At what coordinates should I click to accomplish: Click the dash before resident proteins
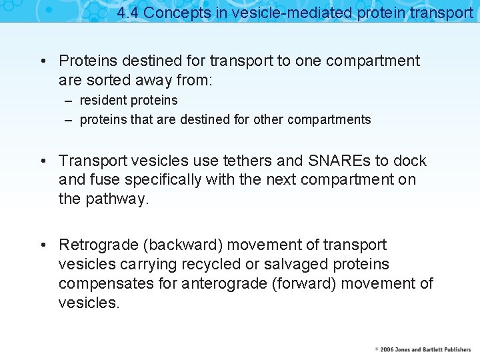(x=69, y=101)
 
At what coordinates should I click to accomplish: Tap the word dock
(x=410, y=161)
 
